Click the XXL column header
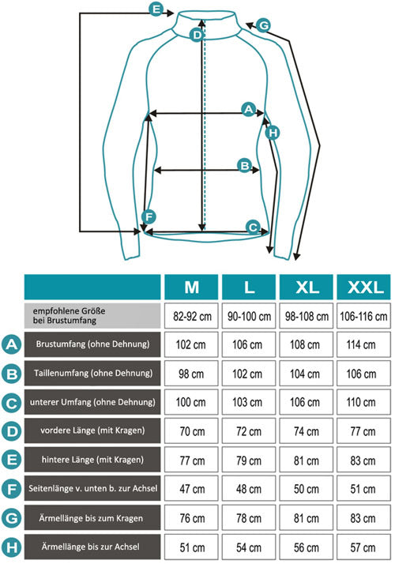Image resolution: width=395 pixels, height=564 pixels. [363, 287]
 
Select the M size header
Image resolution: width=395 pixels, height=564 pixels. [191, 287]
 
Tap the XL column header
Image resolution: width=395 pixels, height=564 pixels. [307, 287]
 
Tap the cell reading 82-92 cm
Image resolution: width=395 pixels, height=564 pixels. [191, 316]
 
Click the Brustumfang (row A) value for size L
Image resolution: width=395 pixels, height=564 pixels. [249, 344]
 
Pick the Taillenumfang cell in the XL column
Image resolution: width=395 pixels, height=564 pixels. [307, 374]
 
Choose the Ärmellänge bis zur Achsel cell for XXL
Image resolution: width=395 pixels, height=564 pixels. [363, 547]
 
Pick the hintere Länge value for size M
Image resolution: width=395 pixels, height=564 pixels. [191, 460]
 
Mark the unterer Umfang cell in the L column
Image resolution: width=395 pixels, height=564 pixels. [249, 402]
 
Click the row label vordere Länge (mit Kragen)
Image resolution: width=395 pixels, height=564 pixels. [92, 431]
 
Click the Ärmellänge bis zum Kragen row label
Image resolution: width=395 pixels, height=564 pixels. [92, 518]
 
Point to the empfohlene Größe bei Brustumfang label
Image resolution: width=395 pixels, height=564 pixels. [92, 316]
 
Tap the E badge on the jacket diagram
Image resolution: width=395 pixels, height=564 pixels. [156, 9]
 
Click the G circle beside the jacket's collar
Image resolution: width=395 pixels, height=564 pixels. [264, 25]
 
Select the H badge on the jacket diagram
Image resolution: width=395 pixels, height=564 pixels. [273, 133]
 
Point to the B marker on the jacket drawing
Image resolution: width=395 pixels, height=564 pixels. [245, 165]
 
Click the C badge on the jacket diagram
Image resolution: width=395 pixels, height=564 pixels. [253, 227]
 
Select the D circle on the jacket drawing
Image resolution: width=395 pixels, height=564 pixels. [197, 35]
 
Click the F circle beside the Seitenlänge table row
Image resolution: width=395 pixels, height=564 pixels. [12, 489]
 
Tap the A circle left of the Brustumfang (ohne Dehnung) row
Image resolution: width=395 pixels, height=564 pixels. [12, 344]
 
